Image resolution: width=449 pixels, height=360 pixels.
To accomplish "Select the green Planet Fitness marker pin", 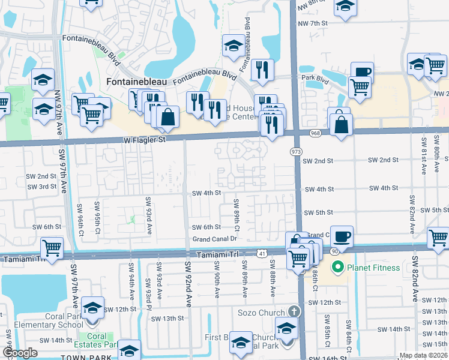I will point(337,266).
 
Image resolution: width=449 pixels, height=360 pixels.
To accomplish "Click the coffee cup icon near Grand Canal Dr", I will point(341,236).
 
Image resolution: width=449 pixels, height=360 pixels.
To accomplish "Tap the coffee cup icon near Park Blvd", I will point(362,71).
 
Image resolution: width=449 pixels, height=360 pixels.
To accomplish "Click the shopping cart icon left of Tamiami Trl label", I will point(52,246).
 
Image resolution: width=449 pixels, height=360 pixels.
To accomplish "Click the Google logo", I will point(20,353).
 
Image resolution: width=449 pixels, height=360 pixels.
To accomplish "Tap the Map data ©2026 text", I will point(423,355).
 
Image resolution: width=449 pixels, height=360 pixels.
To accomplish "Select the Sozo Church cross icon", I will point(293,311).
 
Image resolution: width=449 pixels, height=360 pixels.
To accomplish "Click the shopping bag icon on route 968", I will point(340,125).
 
